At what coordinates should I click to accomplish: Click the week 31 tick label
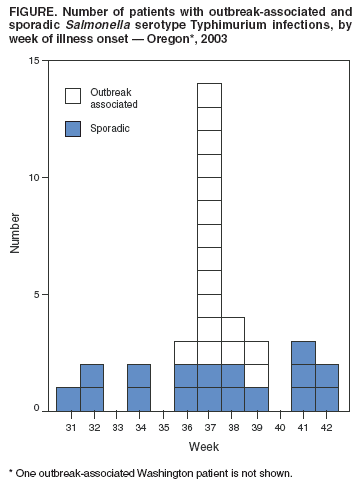(x=70, y=427)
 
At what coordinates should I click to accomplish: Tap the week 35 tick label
(x=164, y=427)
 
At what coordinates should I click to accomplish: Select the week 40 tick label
(x=281, y=427)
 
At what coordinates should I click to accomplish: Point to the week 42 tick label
(x=328, y=427)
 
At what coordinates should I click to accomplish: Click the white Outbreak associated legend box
(x=73, y=96)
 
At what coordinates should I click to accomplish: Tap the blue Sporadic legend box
(x=73, y=129)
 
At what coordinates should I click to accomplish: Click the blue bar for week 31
(x=69, y=398)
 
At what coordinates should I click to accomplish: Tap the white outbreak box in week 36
(x=186, y=352)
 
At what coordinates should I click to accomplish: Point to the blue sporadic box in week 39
(x=256, y=398)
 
